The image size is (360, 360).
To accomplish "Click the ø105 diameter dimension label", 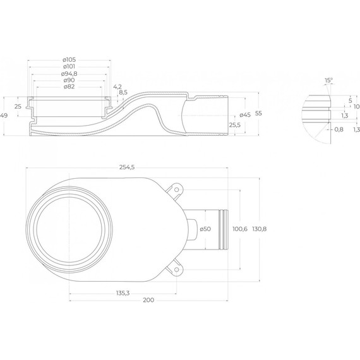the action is click(x=69, y=60).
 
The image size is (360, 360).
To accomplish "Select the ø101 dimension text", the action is click(x=69, y=67).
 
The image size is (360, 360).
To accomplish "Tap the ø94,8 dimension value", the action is click(x=69, y=74).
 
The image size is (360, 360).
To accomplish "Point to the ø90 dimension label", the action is click(x=69, y=80).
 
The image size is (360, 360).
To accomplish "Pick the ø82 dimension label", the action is click(x=69, y=87).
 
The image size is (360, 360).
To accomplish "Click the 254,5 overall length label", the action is click(x=127, y=167).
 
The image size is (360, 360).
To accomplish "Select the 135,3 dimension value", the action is click(x=123, y=293).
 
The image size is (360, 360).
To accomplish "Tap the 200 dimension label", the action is click(x=148, y=300).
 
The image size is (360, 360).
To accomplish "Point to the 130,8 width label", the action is click(x=260, y=229).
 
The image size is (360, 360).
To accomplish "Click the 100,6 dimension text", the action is click(x=240, y=229).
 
